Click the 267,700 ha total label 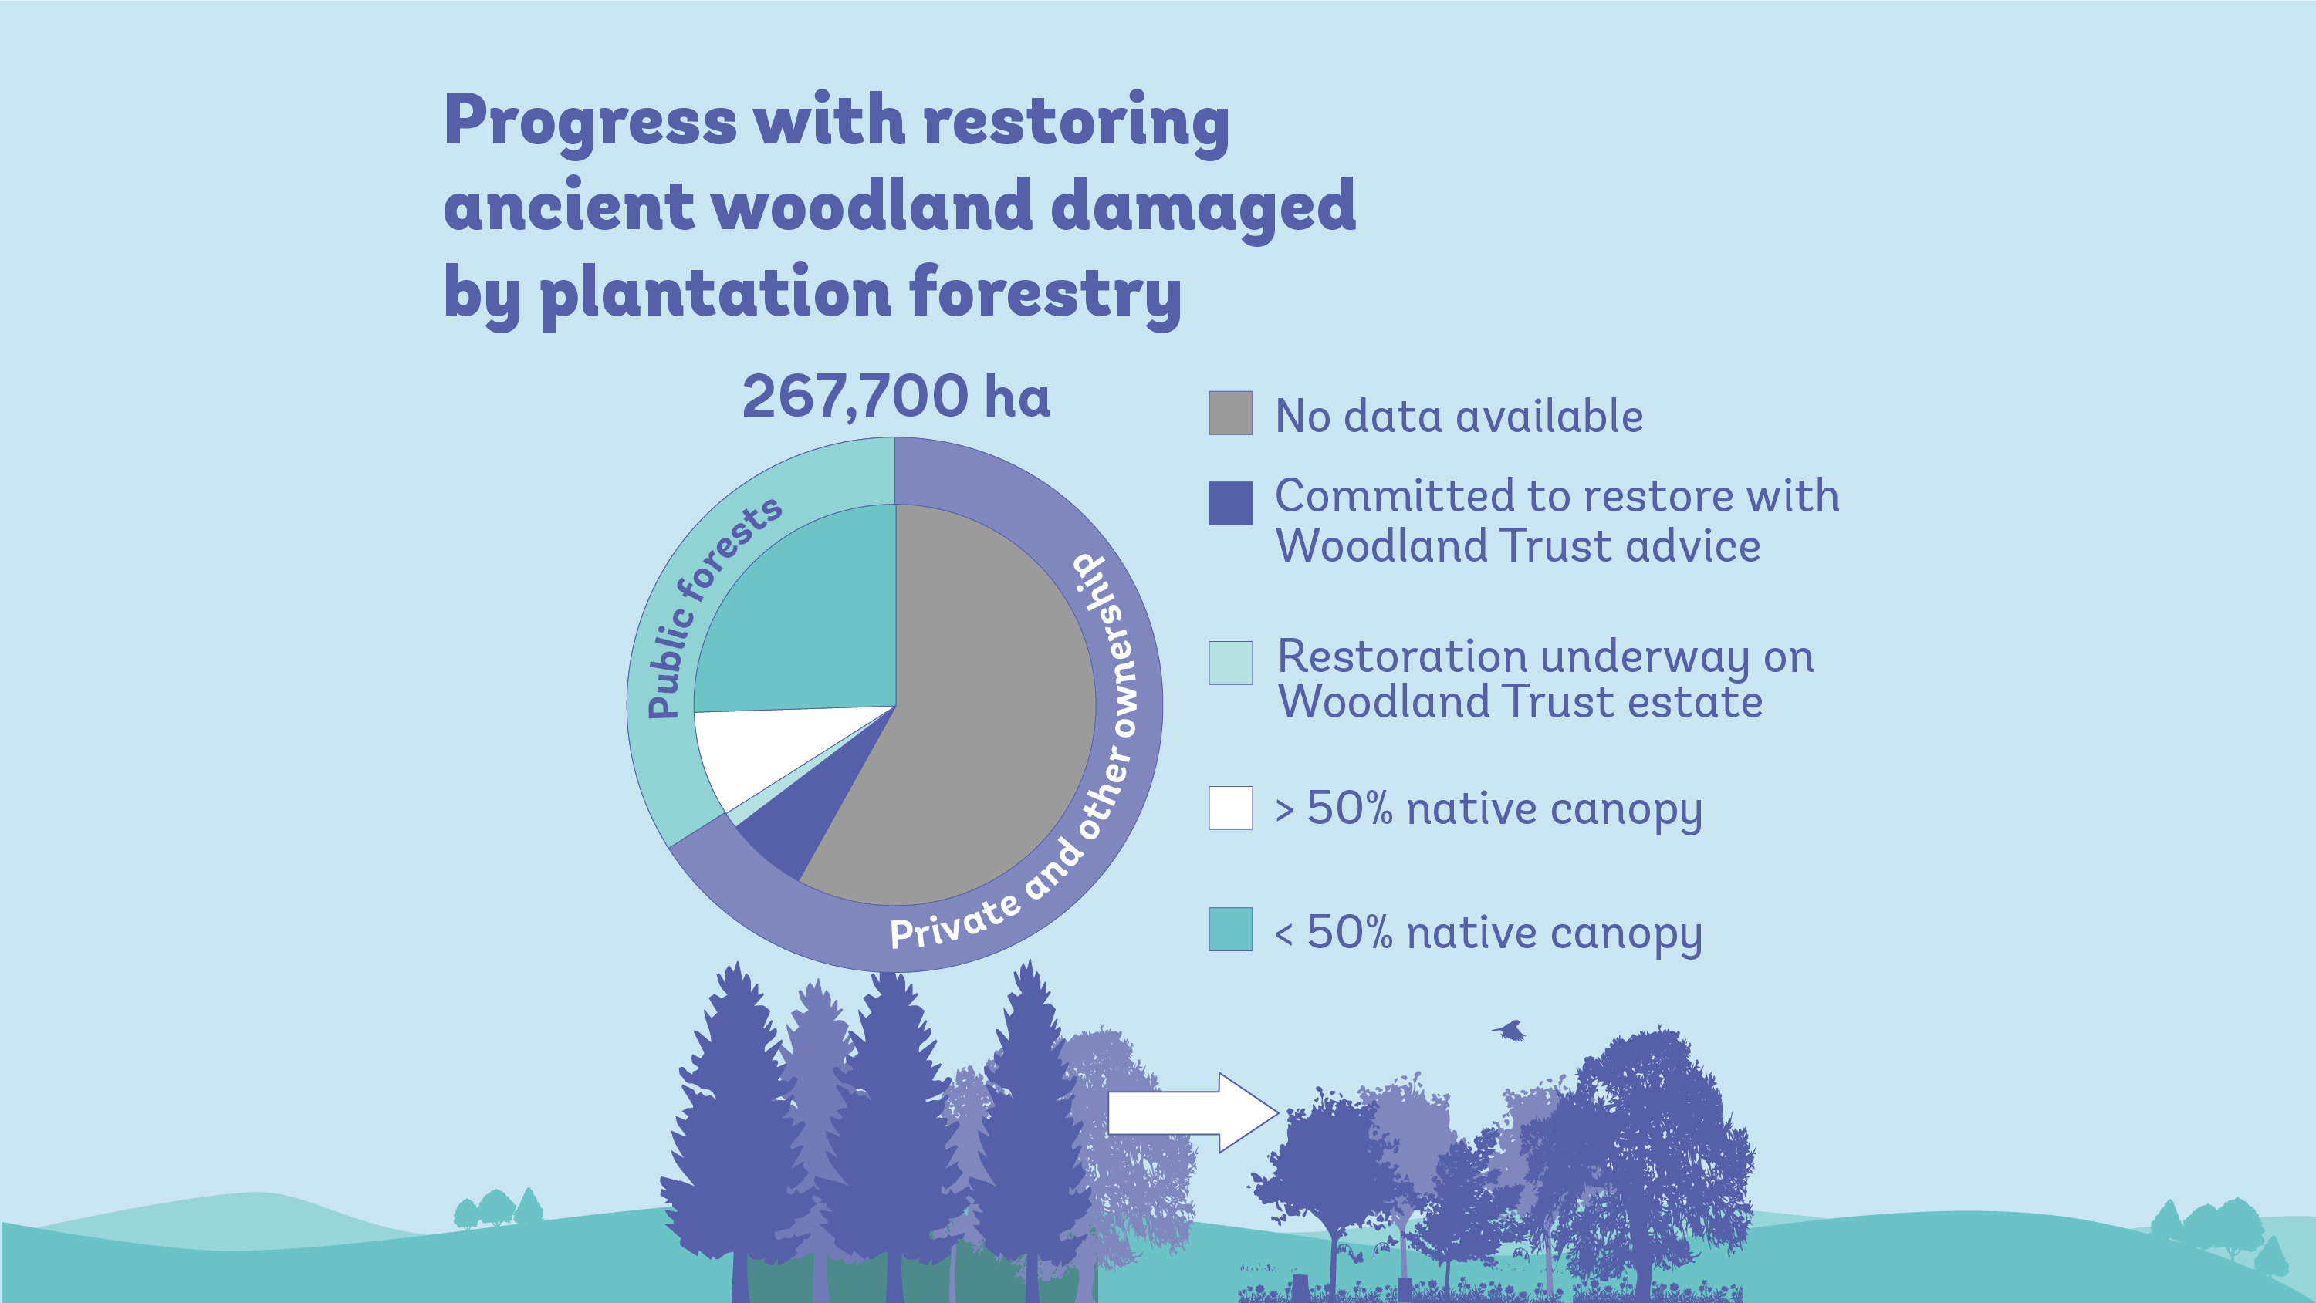(895, 397)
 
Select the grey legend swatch (1230, 414)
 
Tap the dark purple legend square (1230, 503)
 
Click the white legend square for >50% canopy (1230, 808)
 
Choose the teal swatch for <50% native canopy (1230, 929)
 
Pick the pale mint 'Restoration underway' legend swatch (1230, 663)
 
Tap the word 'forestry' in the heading (1044, 294)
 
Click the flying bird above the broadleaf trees (1510, 1030)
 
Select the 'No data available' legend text (1459, 416)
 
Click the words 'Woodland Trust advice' (1516, 546)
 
